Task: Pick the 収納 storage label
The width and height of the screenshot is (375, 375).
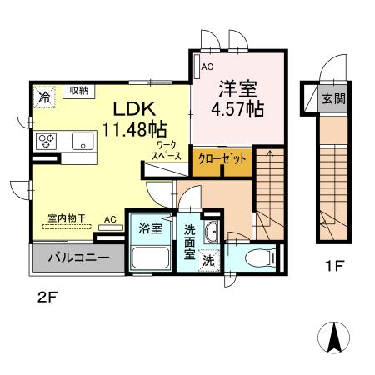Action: click(x=79, y=91)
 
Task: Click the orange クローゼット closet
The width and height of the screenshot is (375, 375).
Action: click(x=222, y=160)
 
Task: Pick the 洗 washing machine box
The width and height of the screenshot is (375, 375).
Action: click(x=207, y=261)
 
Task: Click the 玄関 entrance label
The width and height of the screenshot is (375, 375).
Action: click(x=335, y=98)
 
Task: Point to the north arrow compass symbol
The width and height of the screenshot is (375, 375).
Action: click(x=337, y=339)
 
